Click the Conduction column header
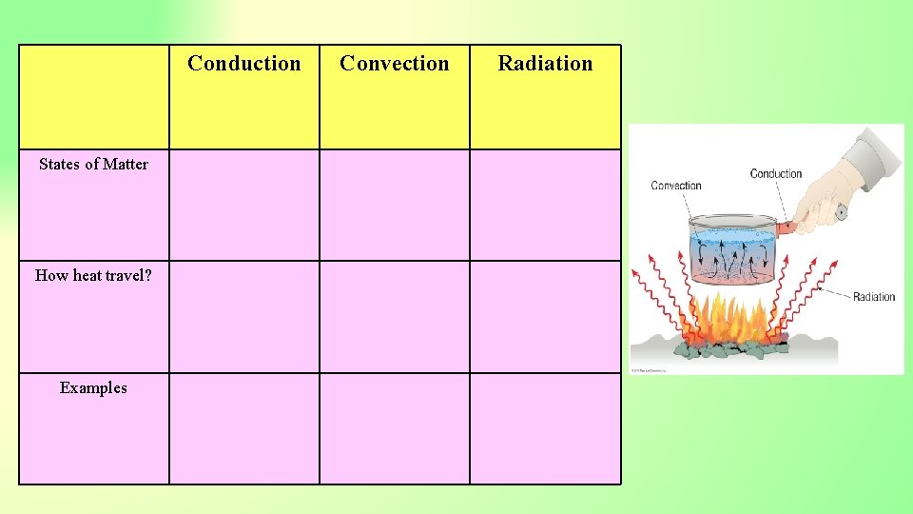coord(243,64)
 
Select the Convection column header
coord(394,64)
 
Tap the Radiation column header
coord(545,64)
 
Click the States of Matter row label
coord(93,164)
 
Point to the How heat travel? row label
coord(93,276)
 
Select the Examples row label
coord(93,387)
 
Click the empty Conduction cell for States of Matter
coord(244,205)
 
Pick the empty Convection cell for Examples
coord(395,428)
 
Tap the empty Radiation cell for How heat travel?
coord(545,316)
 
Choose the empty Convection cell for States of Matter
coord(395,205)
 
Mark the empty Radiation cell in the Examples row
coord(545,428)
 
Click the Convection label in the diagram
coord(676,186)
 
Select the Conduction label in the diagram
coord(776,173)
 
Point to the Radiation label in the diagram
coord(874,297)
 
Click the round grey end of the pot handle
coord(841,212)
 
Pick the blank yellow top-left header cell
coord(94,97)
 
